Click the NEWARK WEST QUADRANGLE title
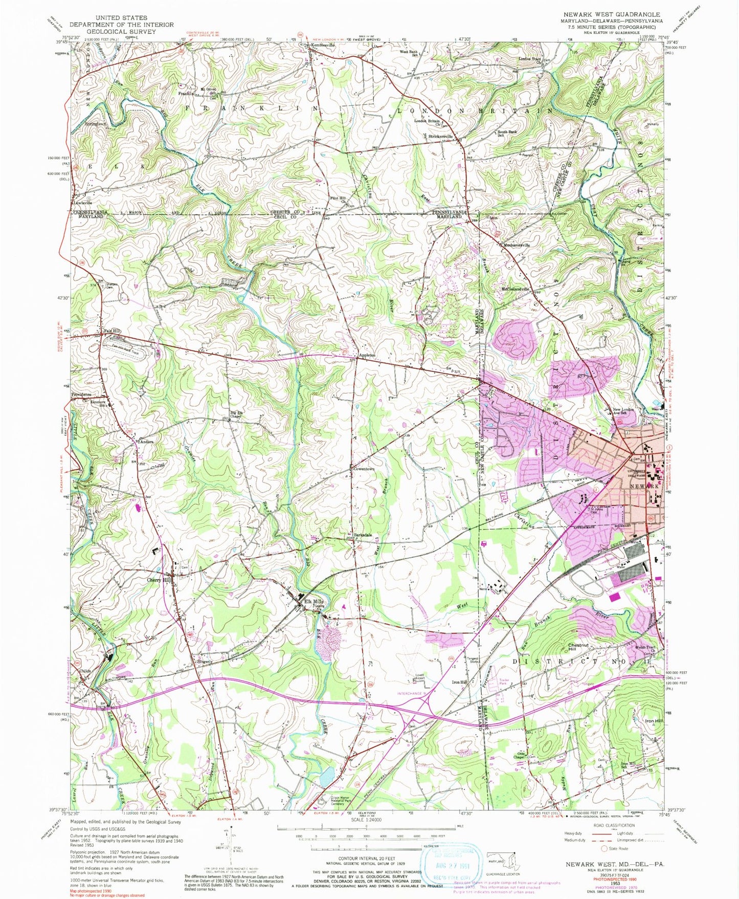(x=611, y=14)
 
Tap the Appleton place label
(x=367, y=355)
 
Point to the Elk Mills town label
(x=314, y=602)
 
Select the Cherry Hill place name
(x=159, y=580)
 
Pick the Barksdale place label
(x=362, y=535)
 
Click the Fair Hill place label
(x=112, y=331)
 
